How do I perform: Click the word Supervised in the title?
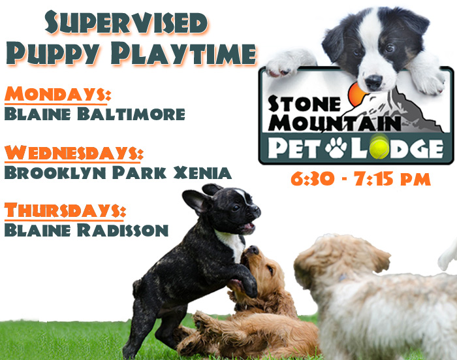127,22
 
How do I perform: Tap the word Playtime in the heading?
183,54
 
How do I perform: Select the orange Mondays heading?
57,94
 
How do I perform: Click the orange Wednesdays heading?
74,153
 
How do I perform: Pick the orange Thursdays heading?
65,210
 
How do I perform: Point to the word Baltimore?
131,114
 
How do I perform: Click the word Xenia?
202,172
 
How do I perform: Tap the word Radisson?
123,230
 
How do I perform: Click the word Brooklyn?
55,172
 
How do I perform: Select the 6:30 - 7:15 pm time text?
360,178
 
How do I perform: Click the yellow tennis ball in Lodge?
379,146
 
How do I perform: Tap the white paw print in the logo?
336,148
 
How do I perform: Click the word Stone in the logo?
304,104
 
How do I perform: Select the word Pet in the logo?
295,148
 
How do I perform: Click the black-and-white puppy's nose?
373,81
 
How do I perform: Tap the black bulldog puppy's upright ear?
195,201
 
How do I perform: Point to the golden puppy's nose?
253,250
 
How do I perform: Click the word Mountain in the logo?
334,123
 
